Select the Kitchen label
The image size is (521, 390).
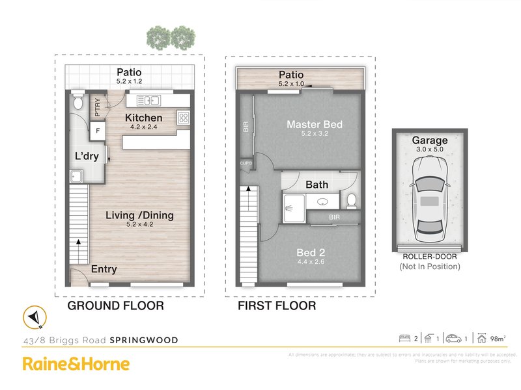click(144, 118)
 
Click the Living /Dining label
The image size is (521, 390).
click(141, 215)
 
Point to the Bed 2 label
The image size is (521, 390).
click(311, 252)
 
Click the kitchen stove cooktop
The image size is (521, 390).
click(184, 118)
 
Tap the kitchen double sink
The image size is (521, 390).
click(150, 99)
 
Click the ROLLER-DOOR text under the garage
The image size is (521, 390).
click(429, 257)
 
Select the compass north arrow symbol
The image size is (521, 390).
click(33, 317)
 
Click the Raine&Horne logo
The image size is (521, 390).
click(76, 364)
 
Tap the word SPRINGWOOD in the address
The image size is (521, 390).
click(143, 339)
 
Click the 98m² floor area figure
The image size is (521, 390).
click(498, 338)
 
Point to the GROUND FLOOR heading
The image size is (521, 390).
click(116, 305)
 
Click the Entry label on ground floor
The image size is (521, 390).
click(104, 269)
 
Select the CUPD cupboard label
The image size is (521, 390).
click(246, 162)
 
